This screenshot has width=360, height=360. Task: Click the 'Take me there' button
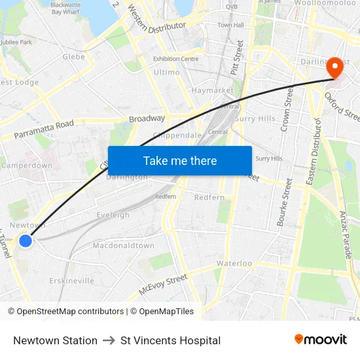[x=180, y=160]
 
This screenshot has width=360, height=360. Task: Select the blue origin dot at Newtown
[x=26, y=241]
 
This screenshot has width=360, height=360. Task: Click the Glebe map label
[x=73, y=57]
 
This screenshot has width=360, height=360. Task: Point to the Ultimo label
[x=166, y=73]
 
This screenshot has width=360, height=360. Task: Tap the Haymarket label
[x=212, y=90]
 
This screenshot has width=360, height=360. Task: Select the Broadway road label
[x=147, y=118]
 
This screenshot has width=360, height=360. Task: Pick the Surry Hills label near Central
[x=255, y=118]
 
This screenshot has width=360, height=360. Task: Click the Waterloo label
[x=234, y=263]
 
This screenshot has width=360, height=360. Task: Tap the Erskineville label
[x=71, y=281]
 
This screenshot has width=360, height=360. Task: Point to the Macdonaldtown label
[x=123, y=245]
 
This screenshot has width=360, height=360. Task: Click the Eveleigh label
[x=113, y=215]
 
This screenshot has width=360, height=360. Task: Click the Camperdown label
[x=26, y=166]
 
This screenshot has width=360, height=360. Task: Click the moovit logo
[x=320, y=340]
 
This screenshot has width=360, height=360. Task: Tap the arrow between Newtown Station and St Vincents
[x=109, y=340]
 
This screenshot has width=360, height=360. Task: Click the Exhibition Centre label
[x=175, y=59]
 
